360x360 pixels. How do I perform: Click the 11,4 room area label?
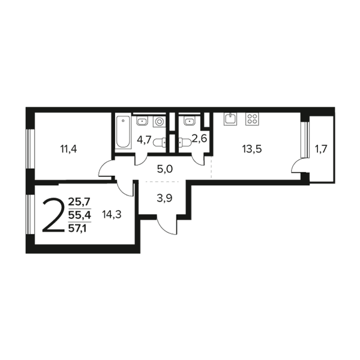(x=68, y=149)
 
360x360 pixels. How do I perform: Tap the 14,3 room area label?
(x=112, y=215)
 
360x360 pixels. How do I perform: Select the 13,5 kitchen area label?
(x=252, y=149)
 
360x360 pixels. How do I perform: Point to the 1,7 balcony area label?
(x=321, y=149)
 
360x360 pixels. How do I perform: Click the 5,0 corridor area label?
(x=165, y=169)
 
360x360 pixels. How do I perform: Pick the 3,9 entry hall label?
(x=164, y=198)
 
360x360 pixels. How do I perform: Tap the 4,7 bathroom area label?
(x=144, y=140)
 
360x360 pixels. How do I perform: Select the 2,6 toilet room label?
(x=200, y=139)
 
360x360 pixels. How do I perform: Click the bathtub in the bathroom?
(x=123, y=132)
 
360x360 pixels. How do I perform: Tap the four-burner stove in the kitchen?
(x=252, y=119)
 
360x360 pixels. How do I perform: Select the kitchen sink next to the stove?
(x=230, y=119)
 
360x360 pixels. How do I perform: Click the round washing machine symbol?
(x=159, y=121)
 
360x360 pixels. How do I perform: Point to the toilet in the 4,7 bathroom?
(x=160, y=142)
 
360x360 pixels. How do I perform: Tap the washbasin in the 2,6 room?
(x=189, y=121)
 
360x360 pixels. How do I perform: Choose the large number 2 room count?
(x=53, y=215)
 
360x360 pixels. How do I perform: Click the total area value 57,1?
(x=77, y=228)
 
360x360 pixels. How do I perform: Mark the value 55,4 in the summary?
(x=80, y=215)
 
